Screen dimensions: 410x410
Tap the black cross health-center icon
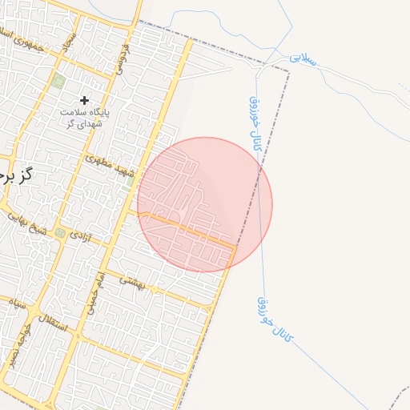(85, 100)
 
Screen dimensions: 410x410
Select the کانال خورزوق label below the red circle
(275, 320)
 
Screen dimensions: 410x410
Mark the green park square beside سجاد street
(58, 80)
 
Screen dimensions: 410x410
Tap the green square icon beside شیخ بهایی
(60, 233)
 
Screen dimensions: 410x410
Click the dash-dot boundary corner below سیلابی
(288, 70)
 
